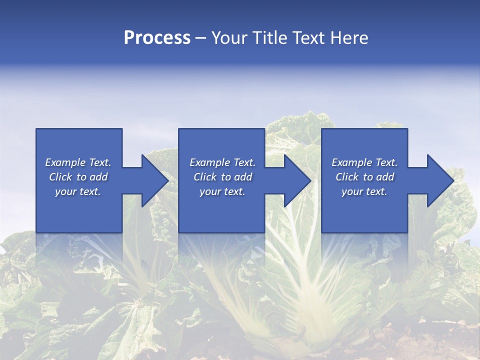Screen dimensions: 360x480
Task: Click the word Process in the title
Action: (157, 38)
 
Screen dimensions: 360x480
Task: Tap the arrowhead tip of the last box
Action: (452, 180)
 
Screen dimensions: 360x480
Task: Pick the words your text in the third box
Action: (364, 191)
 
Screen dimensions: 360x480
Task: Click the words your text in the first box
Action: (77, 191)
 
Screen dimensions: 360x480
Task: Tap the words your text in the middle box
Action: (222, 191)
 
